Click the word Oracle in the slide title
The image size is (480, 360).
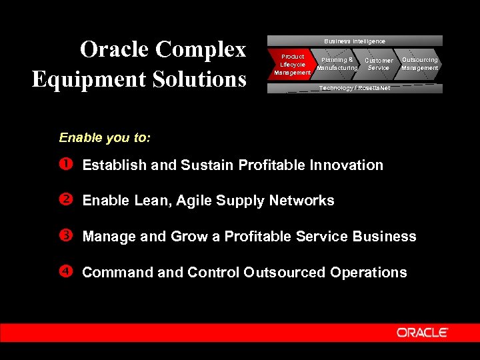[115, 49]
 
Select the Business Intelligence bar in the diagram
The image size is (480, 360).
[354, 41]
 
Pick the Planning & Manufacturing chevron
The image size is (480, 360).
[337, 64]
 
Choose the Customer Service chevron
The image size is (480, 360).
[378, 64]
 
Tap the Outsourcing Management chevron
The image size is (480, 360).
[419, 63]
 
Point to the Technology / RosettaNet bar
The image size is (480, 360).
[354, 88]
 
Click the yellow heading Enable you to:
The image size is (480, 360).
[105, 138]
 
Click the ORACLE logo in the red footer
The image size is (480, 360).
[423, 332]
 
